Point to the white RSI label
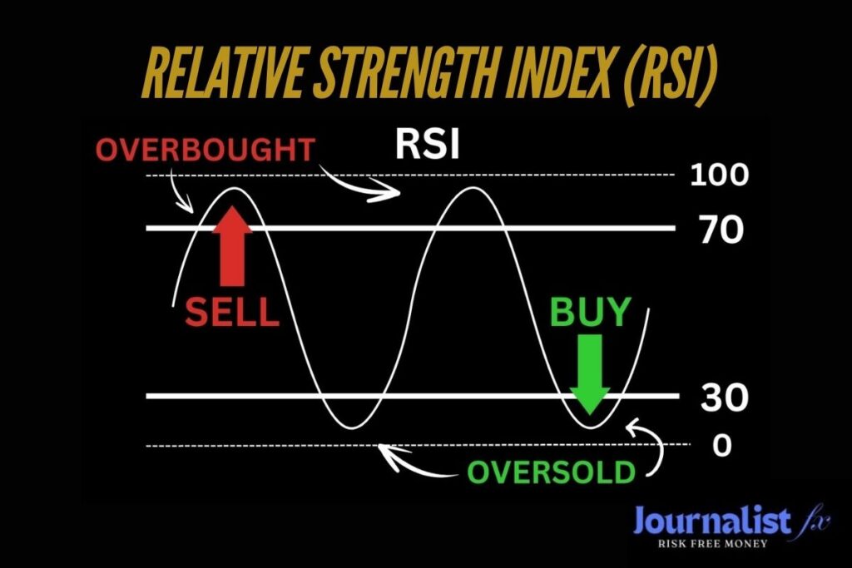(428, 145)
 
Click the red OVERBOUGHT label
(206, 151)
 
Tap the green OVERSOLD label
(552, 472)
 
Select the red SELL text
(232, 312)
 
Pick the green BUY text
(591, 312)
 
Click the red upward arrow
(233, 246)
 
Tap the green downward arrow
(590, 374)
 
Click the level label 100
(720, 175)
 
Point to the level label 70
(722, 230)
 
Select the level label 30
(725, 397)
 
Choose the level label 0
(722, 446)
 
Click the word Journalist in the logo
(712, 521)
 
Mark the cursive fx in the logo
(815, 522)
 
